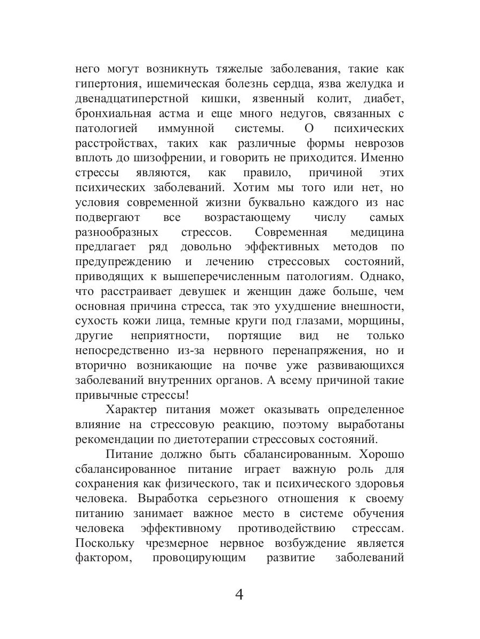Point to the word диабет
382,99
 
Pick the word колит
320,99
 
